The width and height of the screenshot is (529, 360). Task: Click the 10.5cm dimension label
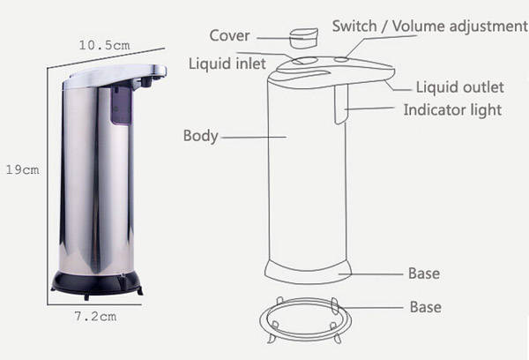(104, 45)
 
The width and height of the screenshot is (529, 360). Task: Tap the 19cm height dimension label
(23, 169)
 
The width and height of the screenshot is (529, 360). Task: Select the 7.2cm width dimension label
(95, 317)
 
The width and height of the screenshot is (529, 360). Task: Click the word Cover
(229, 35)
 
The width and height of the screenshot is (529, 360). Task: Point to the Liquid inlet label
(227, 64)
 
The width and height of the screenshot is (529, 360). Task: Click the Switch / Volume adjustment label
(430, 26)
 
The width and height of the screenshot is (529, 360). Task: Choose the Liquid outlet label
(460, 87)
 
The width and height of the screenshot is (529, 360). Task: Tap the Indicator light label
(453, 110)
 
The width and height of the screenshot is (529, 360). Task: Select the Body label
(201, 136)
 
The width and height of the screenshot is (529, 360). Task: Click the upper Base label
(424, 274)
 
